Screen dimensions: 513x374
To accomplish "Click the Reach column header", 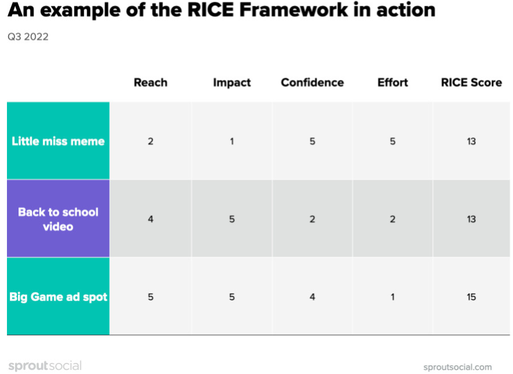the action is pyautogui.click(x=151, y=82).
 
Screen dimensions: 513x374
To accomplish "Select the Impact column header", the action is pyautogui.click(x=232, y=83).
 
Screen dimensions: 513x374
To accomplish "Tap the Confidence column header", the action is pyautogui.click(x=313, y=82).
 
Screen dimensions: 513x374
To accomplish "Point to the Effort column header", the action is pyautogui.click(x=393, y=82).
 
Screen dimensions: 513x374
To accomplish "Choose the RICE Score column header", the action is pyautogui.click(x=471, y=82).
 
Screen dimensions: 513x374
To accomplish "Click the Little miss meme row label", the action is pyautogui.click(x=58, y=141).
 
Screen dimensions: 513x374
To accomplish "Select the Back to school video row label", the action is pyautogui.click(x=58, y=219).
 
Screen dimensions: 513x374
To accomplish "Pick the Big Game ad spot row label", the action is pyautogui.click(x=58, y=297).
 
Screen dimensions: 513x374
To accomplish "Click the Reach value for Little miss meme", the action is pyautogui.click(x=151, y=141).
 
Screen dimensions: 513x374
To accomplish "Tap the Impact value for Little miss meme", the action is pyautogui.click(x=232, y=141).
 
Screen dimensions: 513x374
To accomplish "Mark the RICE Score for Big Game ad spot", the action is pyautogui.click(x=471, y=297).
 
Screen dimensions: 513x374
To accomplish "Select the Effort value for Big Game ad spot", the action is pyautogui.click(x=393, y=297).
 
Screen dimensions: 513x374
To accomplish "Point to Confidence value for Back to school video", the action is pyautogui.click(x=313, y=219).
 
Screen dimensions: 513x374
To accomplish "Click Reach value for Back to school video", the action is pyautogui.click(x=151, y=219).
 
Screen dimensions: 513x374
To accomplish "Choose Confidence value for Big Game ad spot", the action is pyautogui.click(x=313, y=297).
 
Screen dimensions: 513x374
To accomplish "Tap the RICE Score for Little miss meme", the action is pyautogui.click(x=471, y=141).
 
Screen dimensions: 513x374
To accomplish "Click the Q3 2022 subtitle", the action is pyautogui.click(x=28, y=36).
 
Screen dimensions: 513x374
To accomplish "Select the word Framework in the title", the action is pyautogui.click(x=294, y=10).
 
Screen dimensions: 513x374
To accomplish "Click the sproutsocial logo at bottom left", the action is pyautogui.click(x=45, y=365).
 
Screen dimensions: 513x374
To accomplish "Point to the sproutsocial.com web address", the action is pyautogui.click(x=457, y=367).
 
